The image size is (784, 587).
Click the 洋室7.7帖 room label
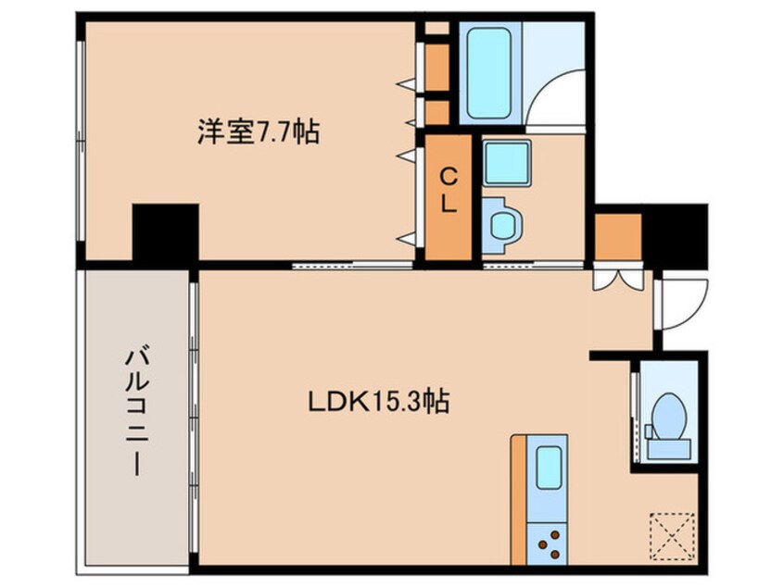[x=258, y=131]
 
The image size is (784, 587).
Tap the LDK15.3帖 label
[x=378, y=402]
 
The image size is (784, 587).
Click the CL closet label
[x=449, y=191]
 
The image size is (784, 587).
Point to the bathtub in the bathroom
[x=489, y=73]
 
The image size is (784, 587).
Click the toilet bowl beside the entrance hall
[x=668, y=416]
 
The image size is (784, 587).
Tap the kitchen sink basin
[x=549, y=468]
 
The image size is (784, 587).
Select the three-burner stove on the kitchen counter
[x=548, y=543]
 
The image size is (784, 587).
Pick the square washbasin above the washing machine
[x=507, y=163]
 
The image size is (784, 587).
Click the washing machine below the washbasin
[x=503, y=225]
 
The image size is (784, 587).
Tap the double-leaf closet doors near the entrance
[x=618, y=280]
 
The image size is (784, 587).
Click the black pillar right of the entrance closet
[x=675, y=235]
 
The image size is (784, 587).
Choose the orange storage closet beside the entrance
[x=618, y=237]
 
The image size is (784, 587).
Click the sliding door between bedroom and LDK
[x=353, y=266]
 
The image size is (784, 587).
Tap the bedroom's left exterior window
[x=81, y=142]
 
